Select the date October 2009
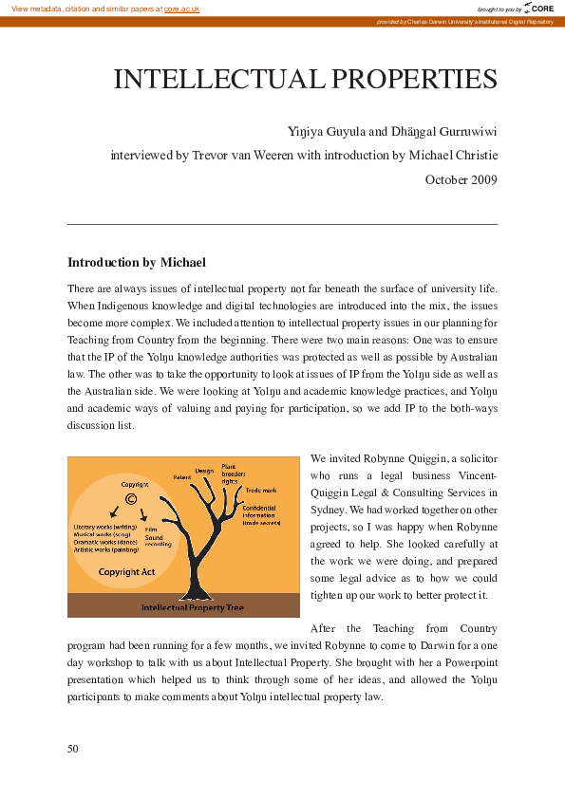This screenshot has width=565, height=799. (x=461, y=178)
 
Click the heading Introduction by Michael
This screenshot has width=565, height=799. (x=137, y=262)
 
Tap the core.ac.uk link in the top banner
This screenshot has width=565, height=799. (x=181, y=8)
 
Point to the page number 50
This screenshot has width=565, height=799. (x=73, y=749)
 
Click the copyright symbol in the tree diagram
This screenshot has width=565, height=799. (x=130, y=499)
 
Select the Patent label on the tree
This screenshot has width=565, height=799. (x=182, y=476)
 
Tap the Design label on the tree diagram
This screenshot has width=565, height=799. (x=204, y=471)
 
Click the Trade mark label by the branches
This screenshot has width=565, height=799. (x=261, y=491)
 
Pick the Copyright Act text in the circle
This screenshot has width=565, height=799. (x=126, y=572)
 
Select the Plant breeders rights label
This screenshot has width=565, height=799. (x=230, y=474)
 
